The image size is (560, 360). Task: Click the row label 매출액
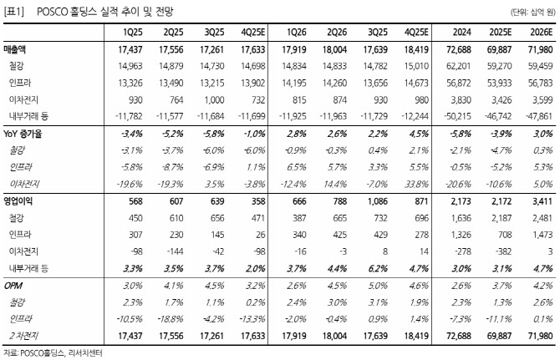(x=18, y=50)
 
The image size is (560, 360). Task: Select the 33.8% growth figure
(x=418, y=184)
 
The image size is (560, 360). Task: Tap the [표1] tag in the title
(x=13, y=11)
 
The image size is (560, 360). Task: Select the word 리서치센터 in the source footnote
(x=89, y=353)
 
